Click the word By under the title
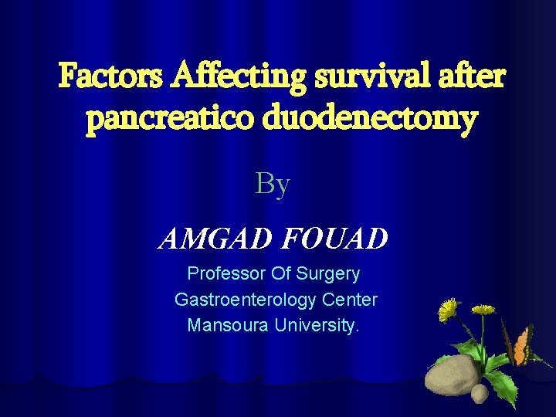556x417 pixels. coord(273,185)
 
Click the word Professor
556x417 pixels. coord(225,273)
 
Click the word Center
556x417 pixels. coord(351,300)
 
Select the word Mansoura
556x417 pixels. coord(225,325)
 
